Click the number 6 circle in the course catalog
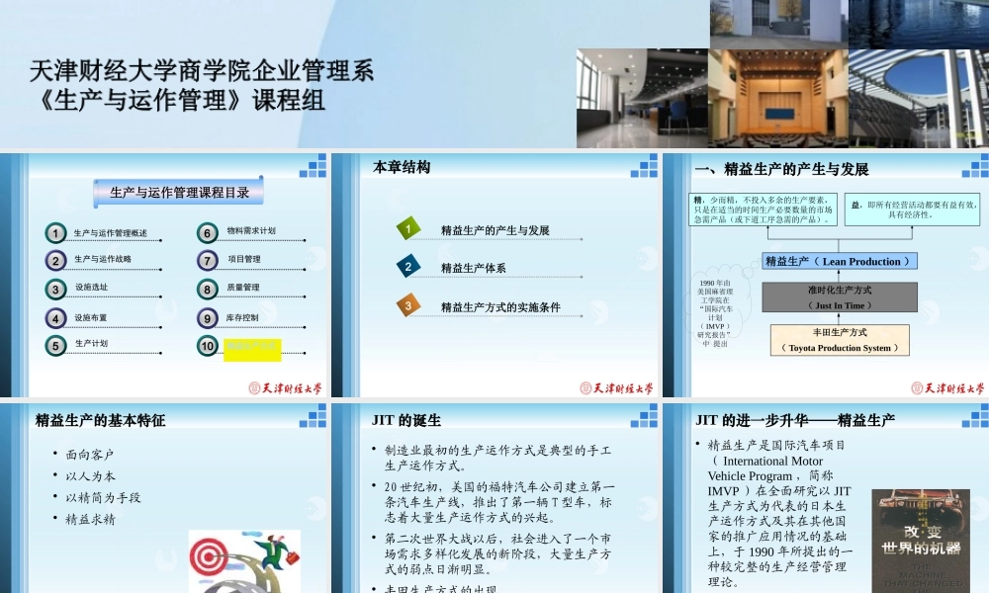[207, 233]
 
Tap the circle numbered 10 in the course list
[207, 346]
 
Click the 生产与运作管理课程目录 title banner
[179, 193]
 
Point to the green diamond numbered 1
[407, 230]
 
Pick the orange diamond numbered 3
[407, 306]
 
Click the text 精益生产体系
[474, 268]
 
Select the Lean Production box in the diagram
[841, 261]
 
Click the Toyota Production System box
[840, 340]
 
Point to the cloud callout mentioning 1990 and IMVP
[714, 312]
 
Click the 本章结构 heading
[402, 167]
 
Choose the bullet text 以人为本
[91, 475]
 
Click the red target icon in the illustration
[211, 558]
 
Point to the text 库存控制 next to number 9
[242, 317]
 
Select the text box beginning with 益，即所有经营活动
[912, 209]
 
